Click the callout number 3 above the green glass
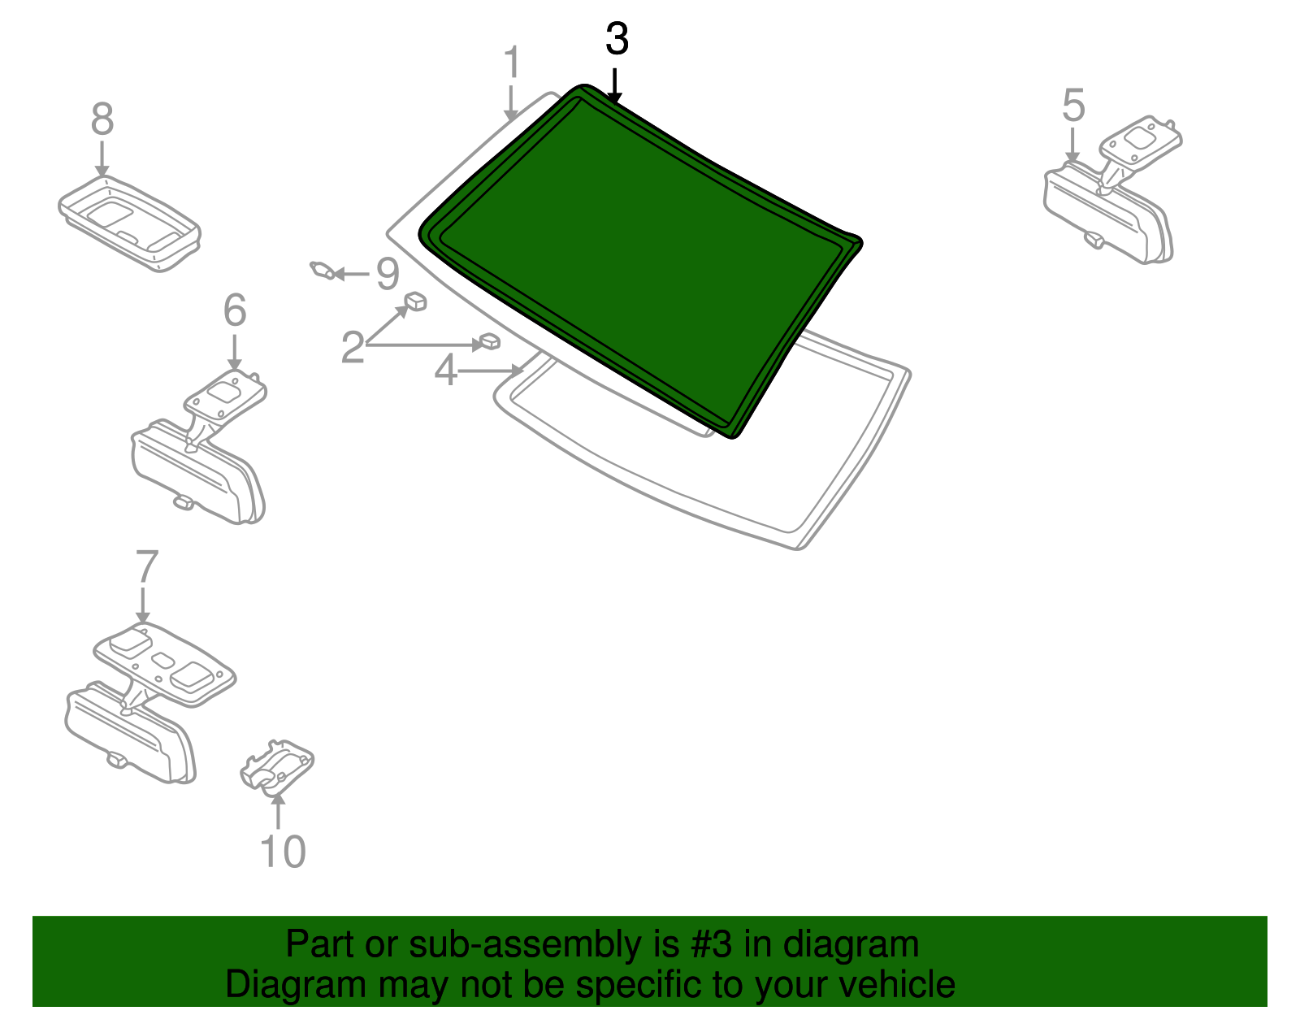(617, 40)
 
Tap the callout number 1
(512, 63)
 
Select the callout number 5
(1073, 106)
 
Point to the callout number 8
(102, 119)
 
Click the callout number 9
(388, 274)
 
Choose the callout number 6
(235, 310)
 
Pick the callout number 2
(353, 347)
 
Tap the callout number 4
(446, 371)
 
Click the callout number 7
(147, 567)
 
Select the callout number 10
(283, 852)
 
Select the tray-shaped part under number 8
(129, 223)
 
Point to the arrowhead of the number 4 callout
(517, 371)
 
